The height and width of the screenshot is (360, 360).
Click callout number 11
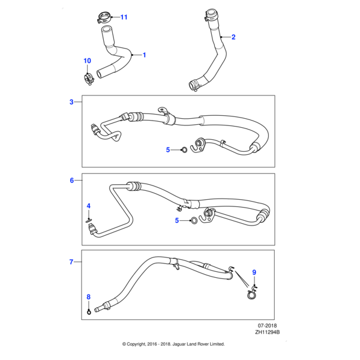pyautogui.click(x=124, y=17)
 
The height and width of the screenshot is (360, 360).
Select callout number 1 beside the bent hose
pyautogui.click(x=145, y=55)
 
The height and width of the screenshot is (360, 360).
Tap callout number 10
pyautogui.click(x=87, y=61)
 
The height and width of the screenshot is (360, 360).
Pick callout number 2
pyautogui.click(x=233, y=37)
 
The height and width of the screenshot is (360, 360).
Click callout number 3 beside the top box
pyautogui.click(x=71, y=102)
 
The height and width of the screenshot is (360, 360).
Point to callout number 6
pyautogui.click(x=71, y=180)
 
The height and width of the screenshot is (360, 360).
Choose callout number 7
pyautogui.click(x=71, y=262)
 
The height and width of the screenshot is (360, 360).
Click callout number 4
pyautogui.click(x=88, y=206)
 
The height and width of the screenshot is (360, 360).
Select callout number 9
pyautogui.click(x=254, y=272)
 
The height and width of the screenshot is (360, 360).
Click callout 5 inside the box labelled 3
pyautogui.click(x=169, y=149)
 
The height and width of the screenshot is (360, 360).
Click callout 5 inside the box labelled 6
pyautogui.click(x=177, y=221)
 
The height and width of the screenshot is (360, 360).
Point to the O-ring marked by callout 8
pyautogui.click(x=89, y=310)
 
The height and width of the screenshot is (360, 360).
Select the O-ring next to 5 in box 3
pyautogui.click(x=184, y=149)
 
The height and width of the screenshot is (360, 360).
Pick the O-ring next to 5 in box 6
pyautogui.click(x=193, y=221)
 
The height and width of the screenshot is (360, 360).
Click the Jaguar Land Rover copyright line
pyautogui.click(x=173, y=344)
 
